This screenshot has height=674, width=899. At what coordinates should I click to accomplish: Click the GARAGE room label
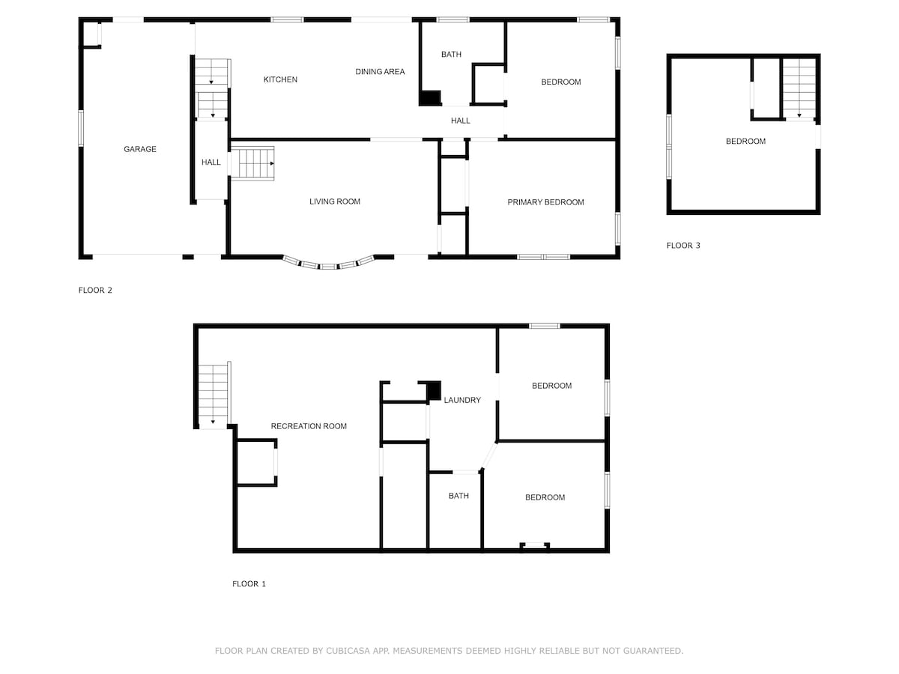(139, 149)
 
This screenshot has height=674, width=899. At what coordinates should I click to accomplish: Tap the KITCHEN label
(280, 79)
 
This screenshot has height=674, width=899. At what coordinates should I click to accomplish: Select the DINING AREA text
(380, 72)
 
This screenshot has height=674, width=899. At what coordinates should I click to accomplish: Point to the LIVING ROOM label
(335, 201)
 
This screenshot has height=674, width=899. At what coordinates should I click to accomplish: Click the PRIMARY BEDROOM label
(545, 202)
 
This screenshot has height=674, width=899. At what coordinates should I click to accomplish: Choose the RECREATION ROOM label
(309, 426)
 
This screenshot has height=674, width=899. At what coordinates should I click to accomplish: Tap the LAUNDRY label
(462, 400)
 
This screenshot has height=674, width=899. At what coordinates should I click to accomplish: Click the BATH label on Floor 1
(458, 496)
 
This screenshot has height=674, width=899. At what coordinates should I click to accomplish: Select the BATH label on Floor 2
(451, 55)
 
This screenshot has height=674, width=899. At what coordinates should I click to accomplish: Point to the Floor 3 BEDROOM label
(745, 142)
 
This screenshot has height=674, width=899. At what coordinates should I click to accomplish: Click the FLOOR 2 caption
(95, 290)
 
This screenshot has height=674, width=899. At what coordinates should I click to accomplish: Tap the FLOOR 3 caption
(683, 246)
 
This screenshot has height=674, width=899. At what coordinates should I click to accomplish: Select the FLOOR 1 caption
(249, 584)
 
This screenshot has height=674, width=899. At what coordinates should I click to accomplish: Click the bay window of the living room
(328, 264)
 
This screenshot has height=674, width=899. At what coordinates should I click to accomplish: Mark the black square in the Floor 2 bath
(429, 98)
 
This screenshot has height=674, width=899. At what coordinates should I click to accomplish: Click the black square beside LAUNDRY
(434, 391)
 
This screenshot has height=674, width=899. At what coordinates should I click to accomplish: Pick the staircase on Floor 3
(799, 89)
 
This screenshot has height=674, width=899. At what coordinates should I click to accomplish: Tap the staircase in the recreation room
(214, 395)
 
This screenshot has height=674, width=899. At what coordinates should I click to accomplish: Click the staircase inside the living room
(252, 163)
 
